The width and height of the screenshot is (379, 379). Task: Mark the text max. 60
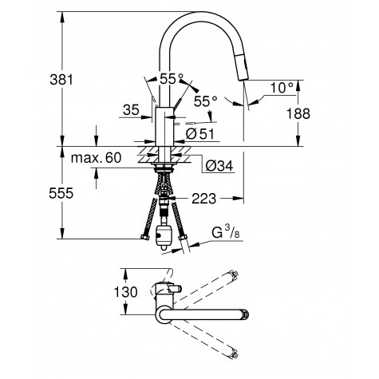(x=96, y=160)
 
